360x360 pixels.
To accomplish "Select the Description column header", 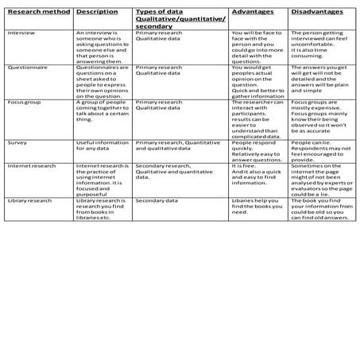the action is (x=96, y=14).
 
